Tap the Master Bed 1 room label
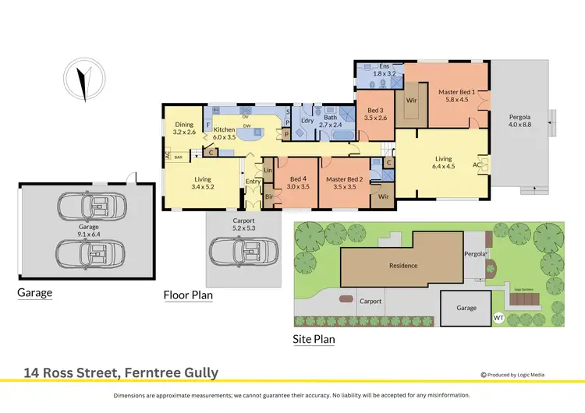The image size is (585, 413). pos(456,95)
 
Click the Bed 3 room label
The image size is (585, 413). pos(376,114)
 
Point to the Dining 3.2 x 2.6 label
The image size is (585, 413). pos(183,129)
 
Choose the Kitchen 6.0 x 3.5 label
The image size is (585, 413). pos(225,133)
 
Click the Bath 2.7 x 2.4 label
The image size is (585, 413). pos(330,121)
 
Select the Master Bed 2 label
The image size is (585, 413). pos(345,182)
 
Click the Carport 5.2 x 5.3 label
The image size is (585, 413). pos(242,224)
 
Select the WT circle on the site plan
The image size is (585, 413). pos(499,318)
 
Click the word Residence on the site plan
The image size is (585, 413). pos(403,266)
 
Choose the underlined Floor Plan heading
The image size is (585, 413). pos(188,295)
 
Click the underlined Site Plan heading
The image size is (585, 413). pos(314,339)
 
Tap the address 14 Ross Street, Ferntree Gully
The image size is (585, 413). pos(122,373)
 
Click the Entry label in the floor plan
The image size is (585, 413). pos(253,182)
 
